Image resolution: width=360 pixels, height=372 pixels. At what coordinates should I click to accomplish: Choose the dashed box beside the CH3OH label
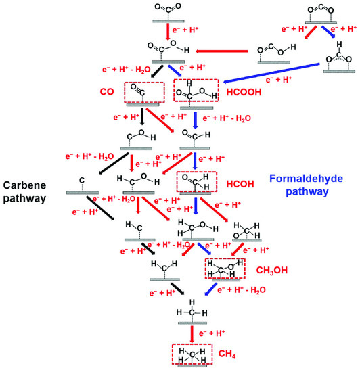pyautogui.click(x=224, y=268)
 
